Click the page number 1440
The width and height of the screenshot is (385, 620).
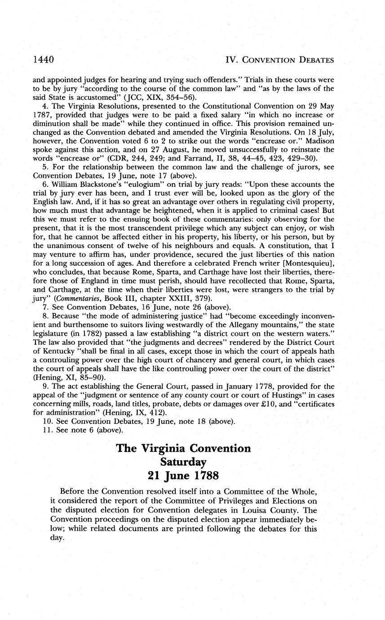(x=44, y=59)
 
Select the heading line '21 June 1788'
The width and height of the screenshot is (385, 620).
(x=183, y=476)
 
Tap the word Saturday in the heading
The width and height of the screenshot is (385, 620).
(x=183, y=462)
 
